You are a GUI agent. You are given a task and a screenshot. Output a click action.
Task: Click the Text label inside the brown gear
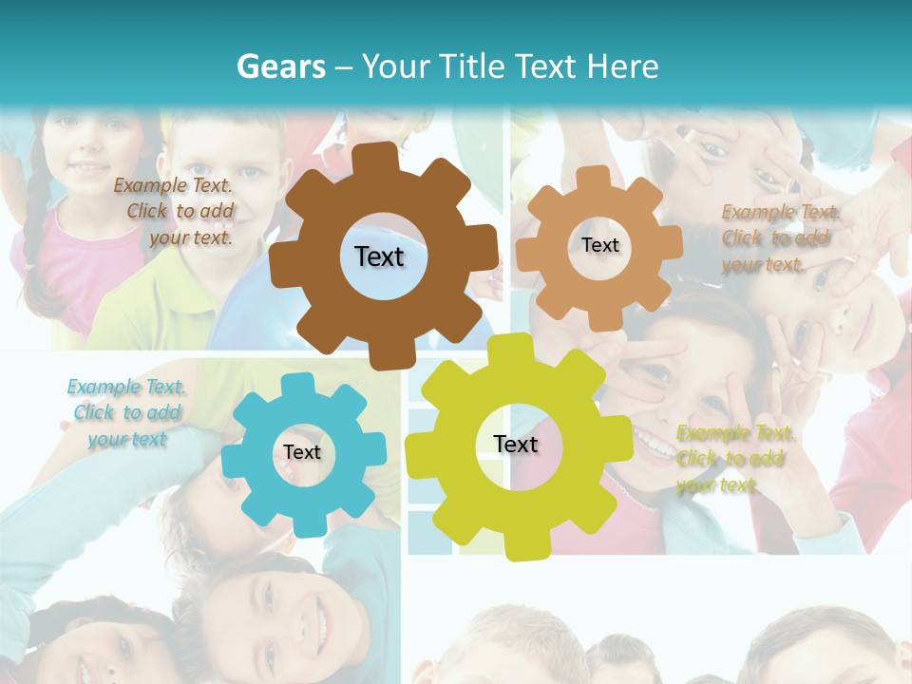coord(379,256)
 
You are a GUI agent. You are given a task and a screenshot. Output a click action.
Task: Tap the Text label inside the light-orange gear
coord(599,245)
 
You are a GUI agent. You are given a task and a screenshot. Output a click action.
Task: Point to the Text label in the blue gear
coord(302,452)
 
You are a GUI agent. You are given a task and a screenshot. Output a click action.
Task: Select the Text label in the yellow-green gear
coord(516,444)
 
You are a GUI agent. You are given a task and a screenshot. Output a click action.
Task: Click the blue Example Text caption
coord(127,412)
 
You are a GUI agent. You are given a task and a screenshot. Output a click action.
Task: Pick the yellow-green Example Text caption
coord(734,458)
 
